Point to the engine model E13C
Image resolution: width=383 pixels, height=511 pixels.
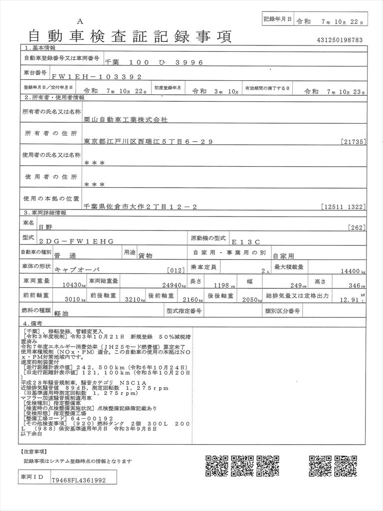250,241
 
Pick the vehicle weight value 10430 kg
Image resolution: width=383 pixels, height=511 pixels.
74,286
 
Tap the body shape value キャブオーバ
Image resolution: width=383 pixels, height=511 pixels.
77,269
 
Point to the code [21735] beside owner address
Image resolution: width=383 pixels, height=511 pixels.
354,142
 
